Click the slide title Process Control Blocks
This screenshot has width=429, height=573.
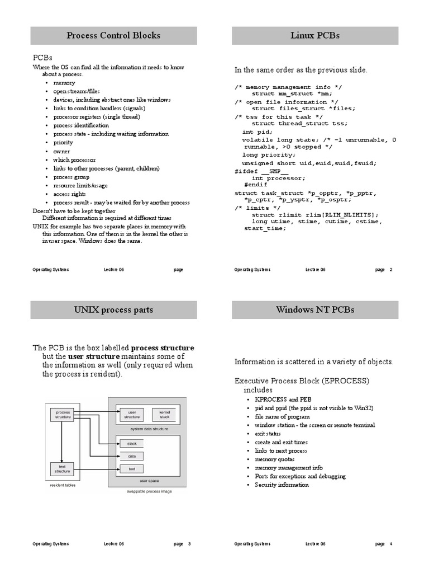tap(113, 36)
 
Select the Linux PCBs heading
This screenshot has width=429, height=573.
tap(315, 36)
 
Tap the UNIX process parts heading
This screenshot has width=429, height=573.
tap(113, 310)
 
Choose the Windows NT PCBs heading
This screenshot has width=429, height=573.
tap(315, 310)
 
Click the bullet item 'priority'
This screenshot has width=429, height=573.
tap(63, 143)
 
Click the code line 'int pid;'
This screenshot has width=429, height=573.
tap(255, 132)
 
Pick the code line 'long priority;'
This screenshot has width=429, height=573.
tap(269, 155)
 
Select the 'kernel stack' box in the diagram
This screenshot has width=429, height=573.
tap(164, 414)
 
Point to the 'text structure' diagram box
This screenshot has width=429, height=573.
tap(62, 468)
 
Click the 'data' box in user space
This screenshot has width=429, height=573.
tap(132, 456)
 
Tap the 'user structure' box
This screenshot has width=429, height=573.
tap(132, 414)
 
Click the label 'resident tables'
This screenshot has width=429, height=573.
tap(63, 485)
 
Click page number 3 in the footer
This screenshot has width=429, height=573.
tap(189, 544)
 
